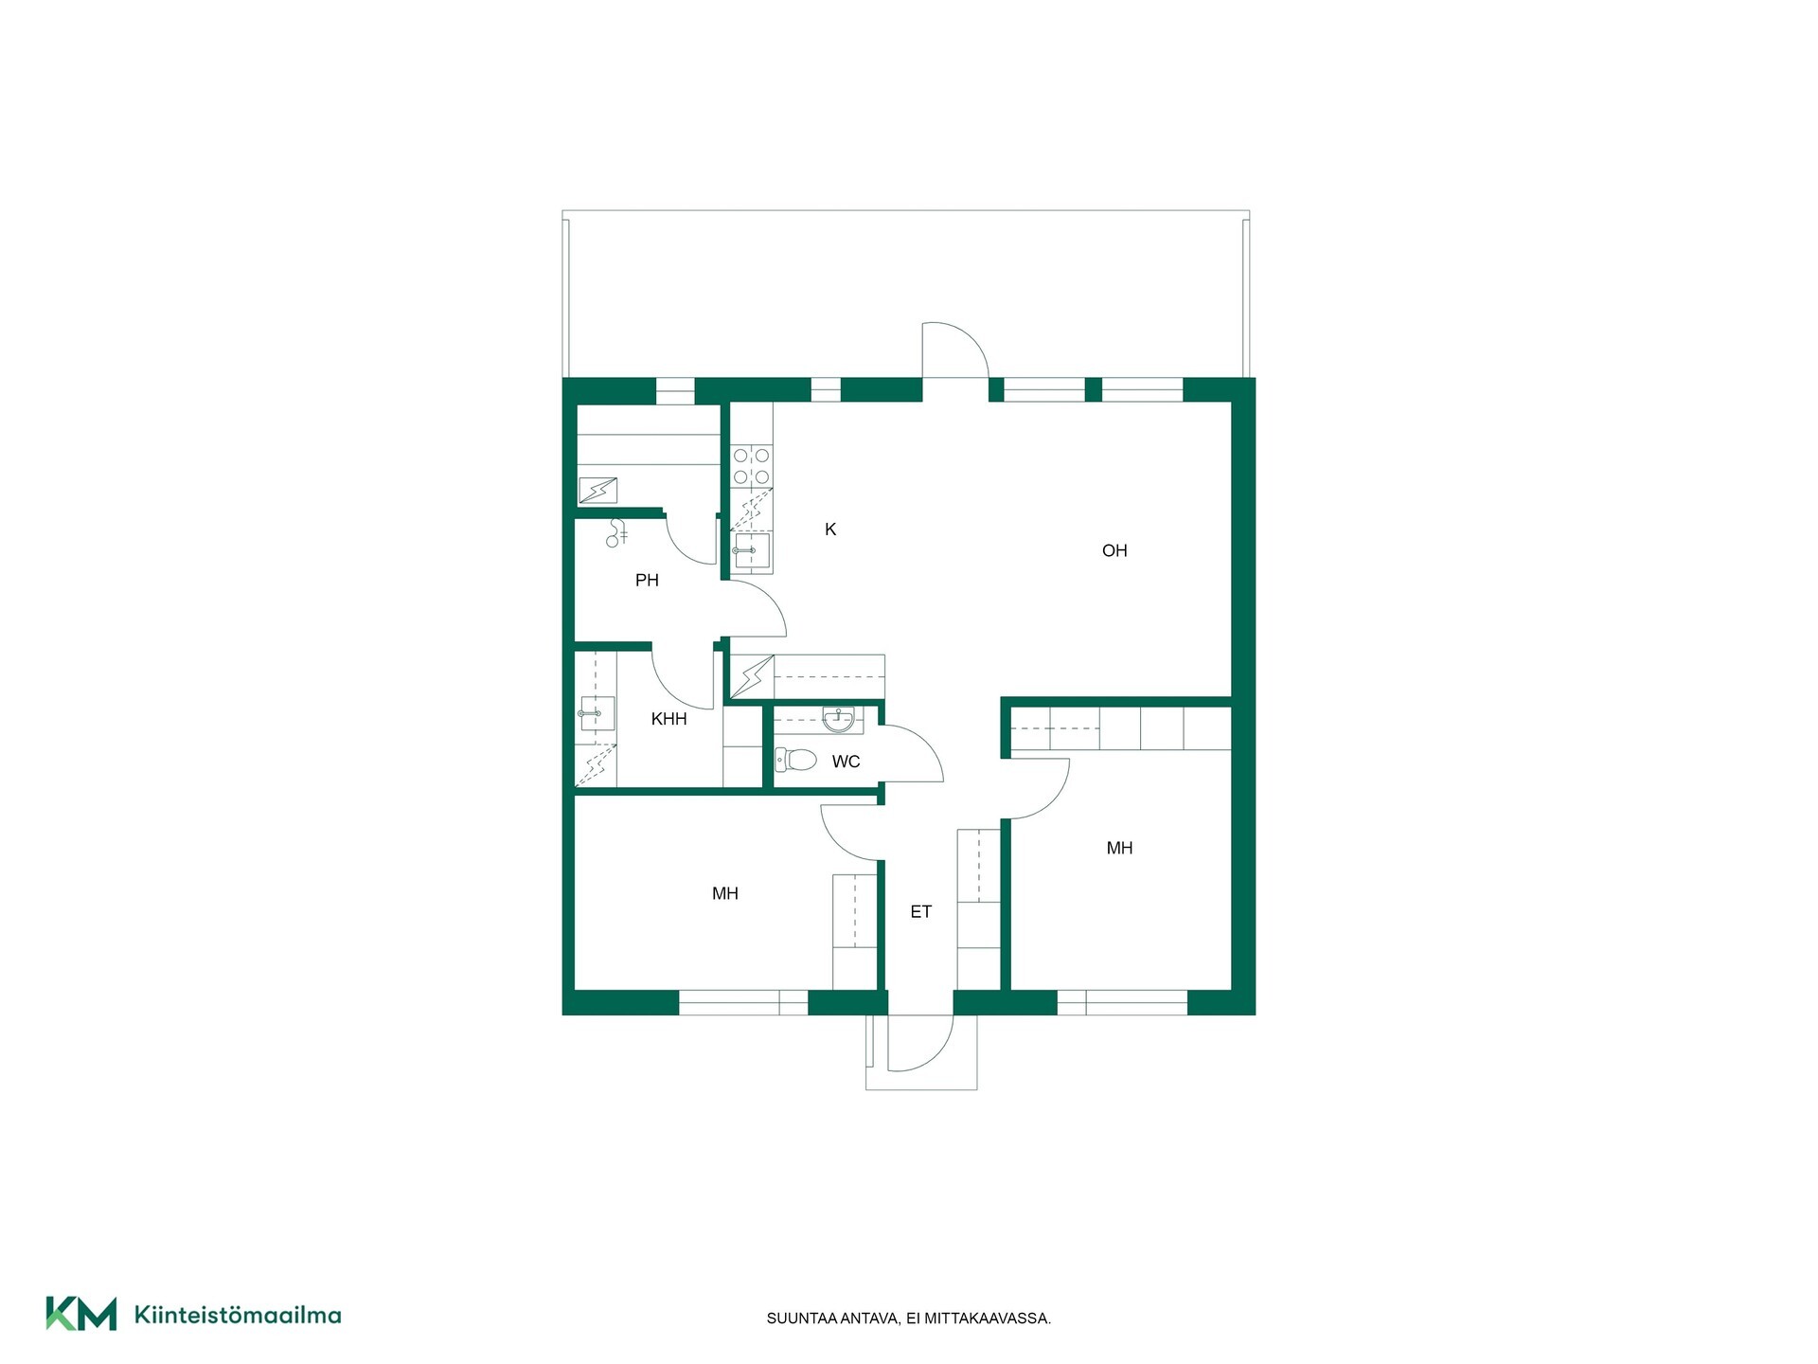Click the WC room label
click(846, 762)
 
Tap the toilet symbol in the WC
click(796, 759)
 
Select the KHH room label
click(668, 719)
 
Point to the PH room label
click(647, 581)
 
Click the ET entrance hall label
click(921, 912)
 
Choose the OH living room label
click(1114, 550)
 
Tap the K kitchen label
click(830, 529)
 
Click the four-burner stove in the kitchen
click(752, 466)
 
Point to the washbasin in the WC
click(838, 719)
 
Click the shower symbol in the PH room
click(617, 532)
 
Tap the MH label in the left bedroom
click(725, 893)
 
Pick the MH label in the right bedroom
click(1119, 848)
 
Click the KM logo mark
click(81, 1314)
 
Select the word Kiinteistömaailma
click(238, 1315)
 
